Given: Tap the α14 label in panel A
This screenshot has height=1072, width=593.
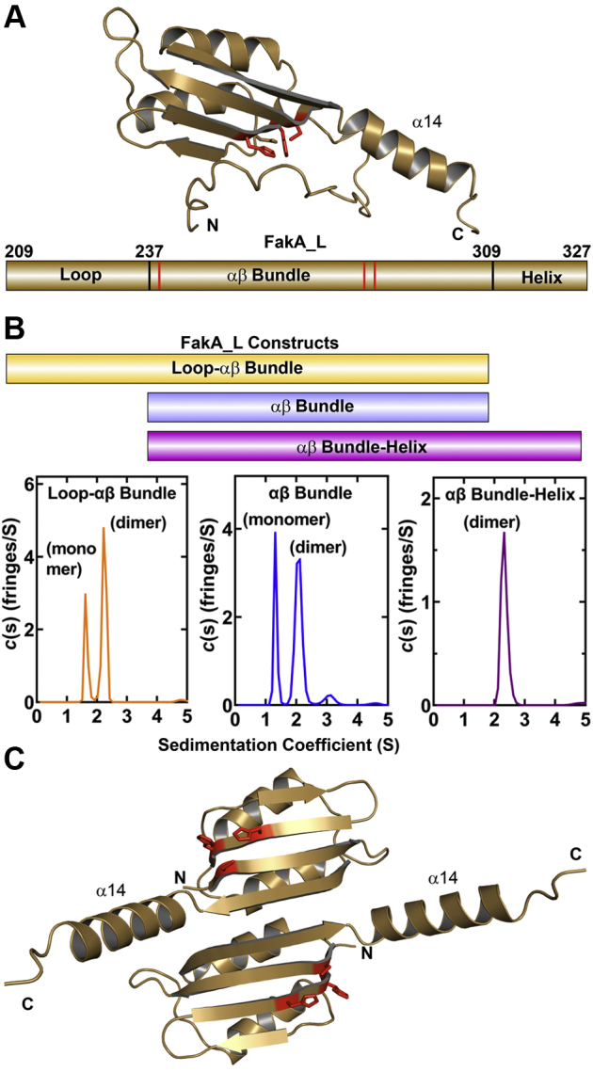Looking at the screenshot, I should [426, 120].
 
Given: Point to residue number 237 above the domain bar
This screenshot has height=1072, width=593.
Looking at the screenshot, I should [149, 250].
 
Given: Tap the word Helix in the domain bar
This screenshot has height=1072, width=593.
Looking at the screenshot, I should [540, 278].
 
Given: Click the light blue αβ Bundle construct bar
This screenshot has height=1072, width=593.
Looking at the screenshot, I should [318, 407].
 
